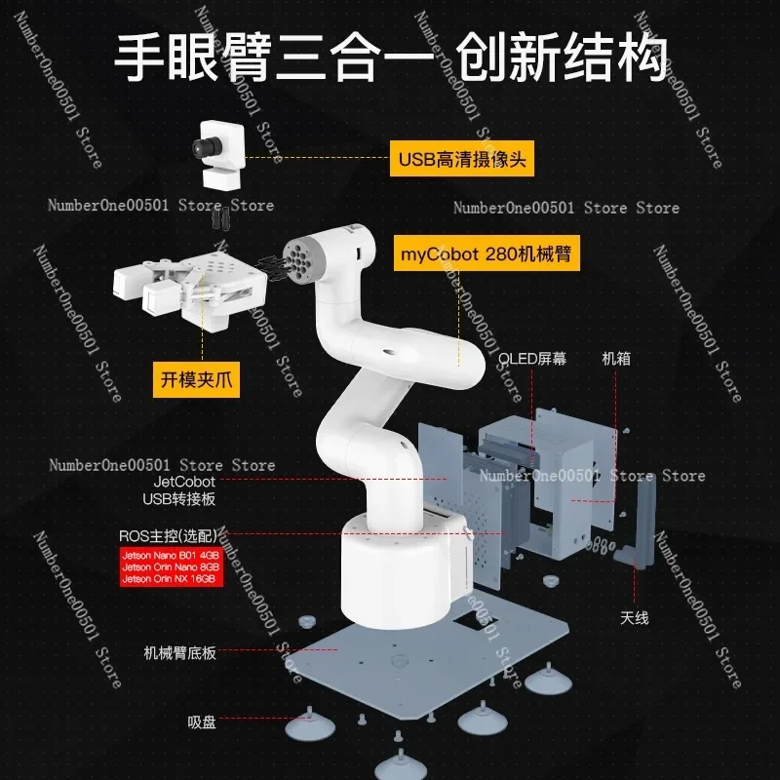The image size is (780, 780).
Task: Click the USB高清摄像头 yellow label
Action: click(x=462, y=159)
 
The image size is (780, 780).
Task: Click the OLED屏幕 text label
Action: click(x=532, y=359)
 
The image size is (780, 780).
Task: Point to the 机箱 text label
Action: click(x=615, y=359)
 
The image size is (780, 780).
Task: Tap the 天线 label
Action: click(x=634, y=617)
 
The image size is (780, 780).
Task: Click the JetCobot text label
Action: click(x=184, y=481)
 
